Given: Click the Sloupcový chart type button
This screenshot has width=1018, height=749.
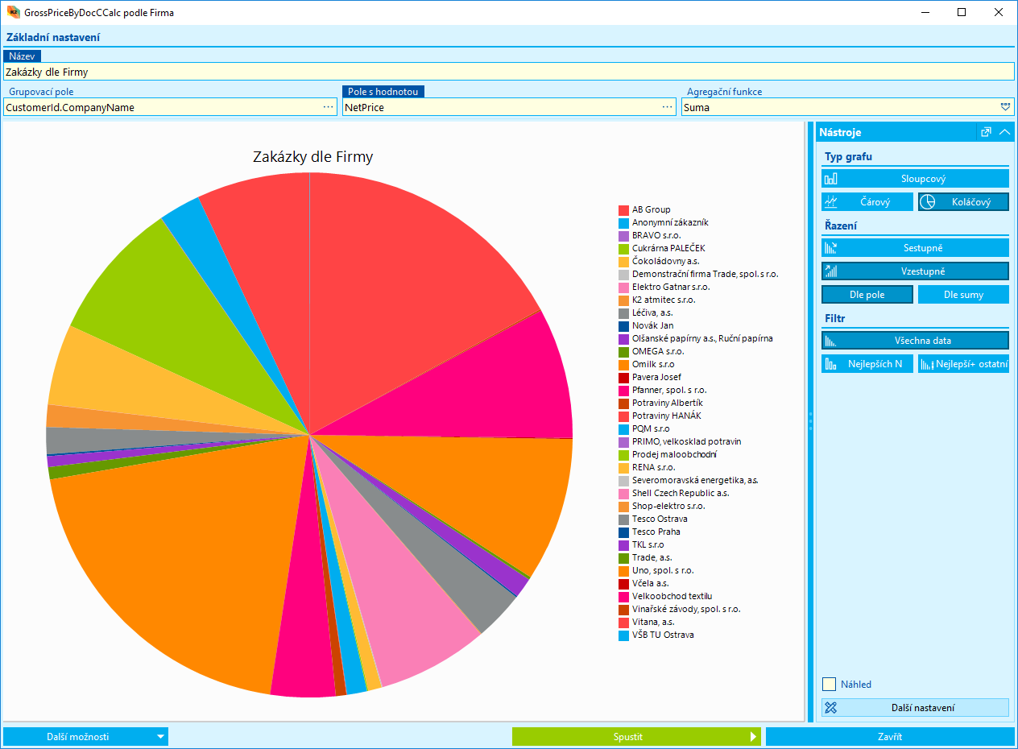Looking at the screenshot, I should coord(915,179).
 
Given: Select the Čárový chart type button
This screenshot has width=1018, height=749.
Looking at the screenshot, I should coord(867,202).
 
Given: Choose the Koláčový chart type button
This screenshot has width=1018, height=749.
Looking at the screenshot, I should coord(963,202).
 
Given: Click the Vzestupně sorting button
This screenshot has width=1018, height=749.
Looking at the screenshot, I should coord(915,271).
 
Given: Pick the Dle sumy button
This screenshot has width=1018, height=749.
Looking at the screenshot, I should coord(963,295).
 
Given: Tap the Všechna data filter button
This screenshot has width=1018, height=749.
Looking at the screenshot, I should coord(915,341).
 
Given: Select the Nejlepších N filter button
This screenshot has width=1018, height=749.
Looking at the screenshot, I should coord(867,364).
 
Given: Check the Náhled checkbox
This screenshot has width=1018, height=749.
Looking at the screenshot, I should coord(829,685).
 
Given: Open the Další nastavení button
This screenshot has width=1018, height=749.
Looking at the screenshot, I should coord(915,708).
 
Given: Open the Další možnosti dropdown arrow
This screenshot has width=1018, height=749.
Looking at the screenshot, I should coord(161,736).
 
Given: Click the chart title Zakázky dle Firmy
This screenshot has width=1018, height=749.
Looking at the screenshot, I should coord(312,157).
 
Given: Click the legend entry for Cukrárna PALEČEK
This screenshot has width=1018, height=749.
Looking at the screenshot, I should coord(668,248).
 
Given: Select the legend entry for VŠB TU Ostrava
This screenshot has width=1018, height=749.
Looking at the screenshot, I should coord(662,635).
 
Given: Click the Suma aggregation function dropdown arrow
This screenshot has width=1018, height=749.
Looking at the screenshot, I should coord(1005,107).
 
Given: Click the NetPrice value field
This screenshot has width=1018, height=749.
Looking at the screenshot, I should coord(499,107).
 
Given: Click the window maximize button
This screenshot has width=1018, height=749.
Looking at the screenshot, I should coord(962,12).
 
